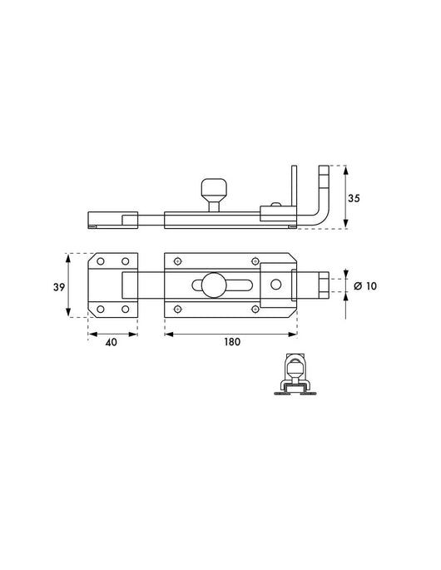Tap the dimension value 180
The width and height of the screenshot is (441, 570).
pyautogui.click(x=230, y=340)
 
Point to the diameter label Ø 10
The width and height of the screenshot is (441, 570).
pyautogui.click(x=366, y=285)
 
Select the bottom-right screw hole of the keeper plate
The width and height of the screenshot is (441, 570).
pyautogui.click(x=126, y=309)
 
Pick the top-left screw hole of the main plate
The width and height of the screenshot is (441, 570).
pyautogui.click(x=177, y=261)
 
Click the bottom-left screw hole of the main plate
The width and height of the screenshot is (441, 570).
pyautogui.click(x=177, y=309)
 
